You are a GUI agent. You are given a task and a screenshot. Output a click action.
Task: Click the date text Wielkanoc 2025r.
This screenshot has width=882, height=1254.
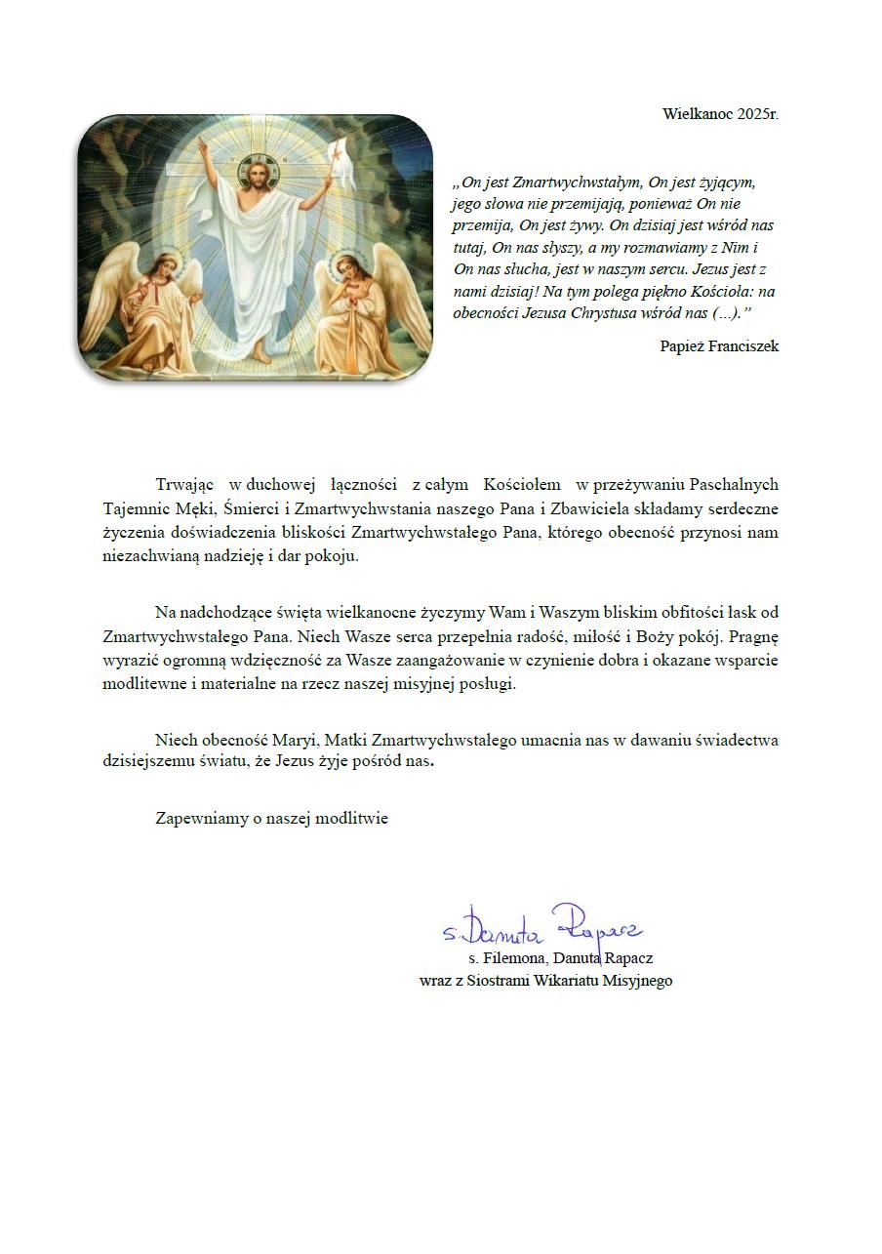720,114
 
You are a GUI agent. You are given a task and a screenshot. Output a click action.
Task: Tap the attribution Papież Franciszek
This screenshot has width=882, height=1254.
719,346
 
